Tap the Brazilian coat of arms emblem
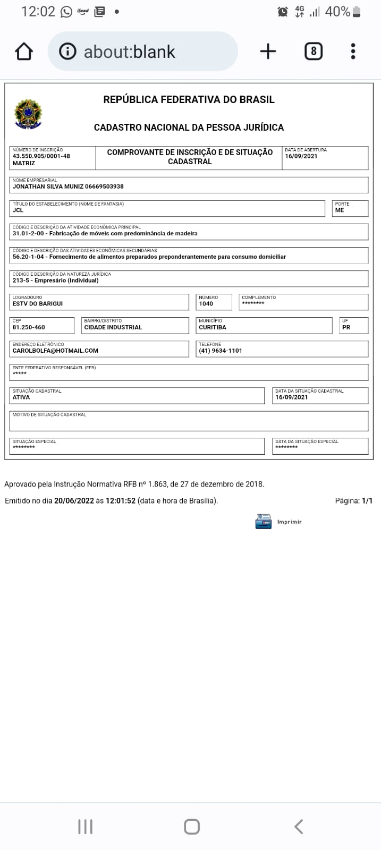pos(28,114)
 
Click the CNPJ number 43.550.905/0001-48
pos(41,156)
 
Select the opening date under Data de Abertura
pos(301,156)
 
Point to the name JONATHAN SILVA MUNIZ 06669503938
pos(68,186)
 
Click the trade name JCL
pos(18,210)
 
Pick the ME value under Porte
pos(340,210)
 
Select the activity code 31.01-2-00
pos(28,234)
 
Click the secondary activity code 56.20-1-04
pos(28,257)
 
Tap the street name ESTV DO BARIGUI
pos(38,304)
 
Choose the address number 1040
pos(206,304)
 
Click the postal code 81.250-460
pos(29,327)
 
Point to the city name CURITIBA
pos(213,327)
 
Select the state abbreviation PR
pos(346,327)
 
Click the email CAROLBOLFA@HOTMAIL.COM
pos(55,351)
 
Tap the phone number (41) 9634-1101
pos(221,351)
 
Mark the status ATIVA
pos(21,397)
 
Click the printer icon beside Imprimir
pos(264,521)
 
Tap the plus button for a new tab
pos(268,52)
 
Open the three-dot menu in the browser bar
pos(353,52)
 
